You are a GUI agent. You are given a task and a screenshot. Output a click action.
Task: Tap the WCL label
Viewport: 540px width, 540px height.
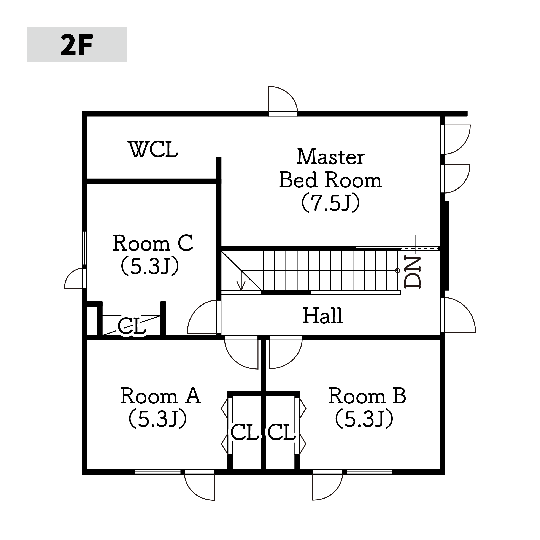(x=153, y=149)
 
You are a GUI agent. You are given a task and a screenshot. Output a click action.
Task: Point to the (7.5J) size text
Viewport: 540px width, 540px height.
(x=331, y=203)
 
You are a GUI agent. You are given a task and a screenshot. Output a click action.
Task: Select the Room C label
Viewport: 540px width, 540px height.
(x=153, y=243)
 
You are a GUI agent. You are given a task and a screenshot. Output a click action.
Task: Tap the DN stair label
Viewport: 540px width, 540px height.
(x=413, y=272)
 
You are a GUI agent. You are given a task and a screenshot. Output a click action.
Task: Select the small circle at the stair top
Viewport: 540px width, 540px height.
(x=398, y=271)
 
